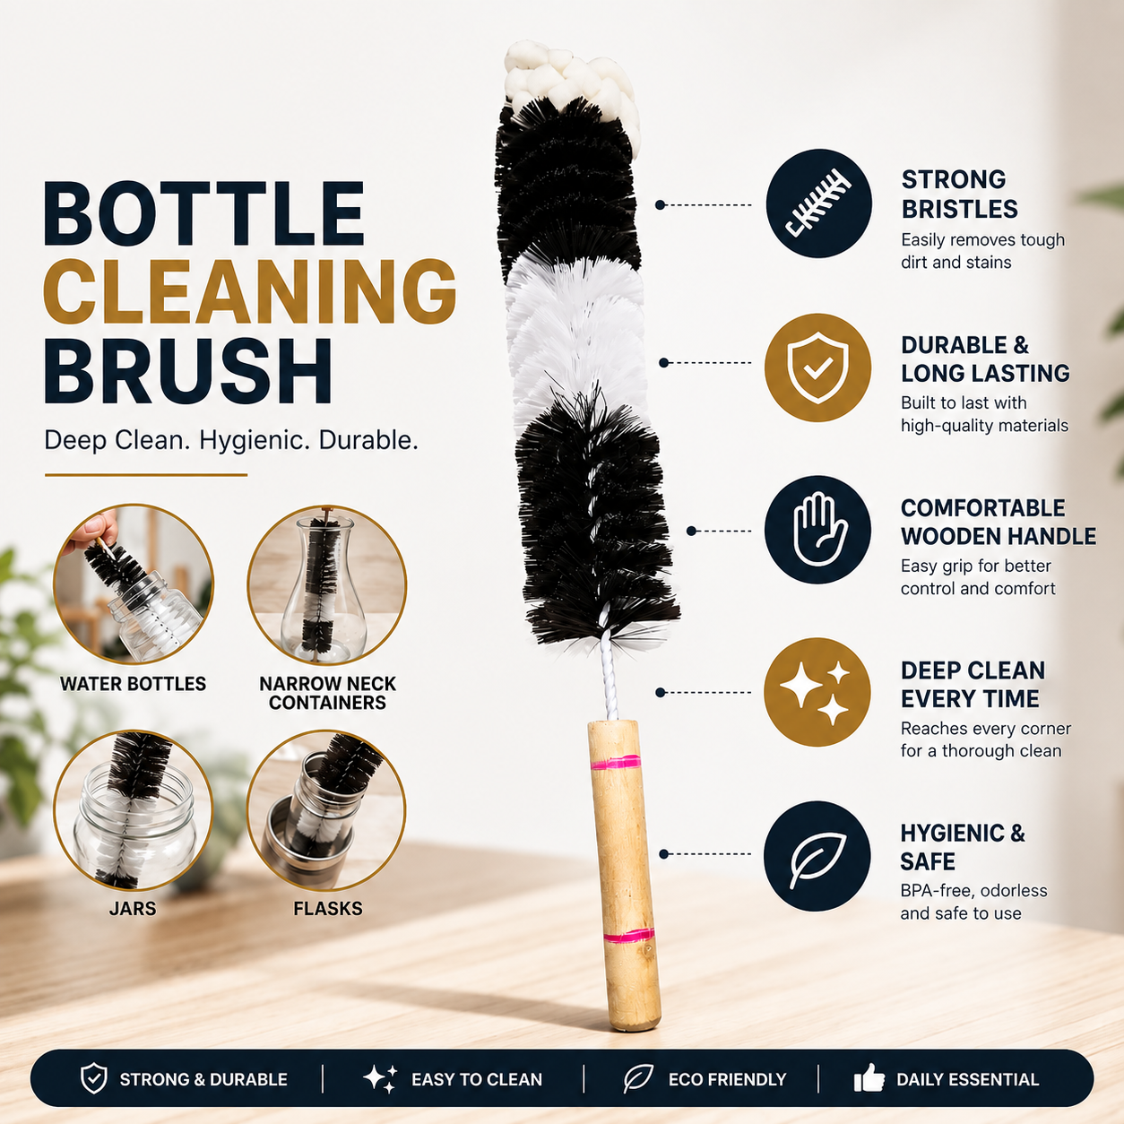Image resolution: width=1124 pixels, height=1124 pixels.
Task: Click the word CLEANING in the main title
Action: pos(250,291)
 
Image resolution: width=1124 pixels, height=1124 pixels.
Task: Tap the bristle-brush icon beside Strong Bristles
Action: pos(818,203)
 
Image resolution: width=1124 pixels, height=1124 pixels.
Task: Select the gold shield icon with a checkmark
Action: pos(817,367)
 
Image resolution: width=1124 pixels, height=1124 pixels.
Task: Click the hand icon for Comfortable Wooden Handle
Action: pos(817,530)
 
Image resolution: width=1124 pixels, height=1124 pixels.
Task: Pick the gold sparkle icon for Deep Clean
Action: pos(817,692)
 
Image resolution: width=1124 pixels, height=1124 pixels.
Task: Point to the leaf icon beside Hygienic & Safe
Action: pos(817,856)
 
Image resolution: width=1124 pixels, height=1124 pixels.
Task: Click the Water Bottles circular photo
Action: pos(134,584)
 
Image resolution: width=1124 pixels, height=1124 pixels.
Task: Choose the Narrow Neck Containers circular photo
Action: pos(326,584)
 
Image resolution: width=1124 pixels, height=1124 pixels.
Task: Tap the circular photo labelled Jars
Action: pos(134,810)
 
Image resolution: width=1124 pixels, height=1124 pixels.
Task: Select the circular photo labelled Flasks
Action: pos(326,810)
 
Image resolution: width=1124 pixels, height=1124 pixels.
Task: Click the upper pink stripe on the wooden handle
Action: pos(616,763)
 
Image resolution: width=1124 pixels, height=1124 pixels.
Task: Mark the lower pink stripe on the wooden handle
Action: pos(629,936)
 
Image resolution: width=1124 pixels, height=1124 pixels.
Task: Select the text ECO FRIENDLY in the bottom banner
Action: pos(727,1079)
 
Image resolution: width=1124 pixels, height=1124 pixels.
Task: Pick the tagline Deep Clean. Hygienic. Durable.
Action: pos(231,440)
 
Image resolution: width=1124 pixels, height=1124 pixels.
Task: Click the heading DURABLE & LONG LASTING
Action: pos(985,359)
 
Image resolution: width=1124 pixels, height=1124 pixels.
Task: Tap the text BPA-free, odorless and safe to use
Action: pos(973,902)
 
